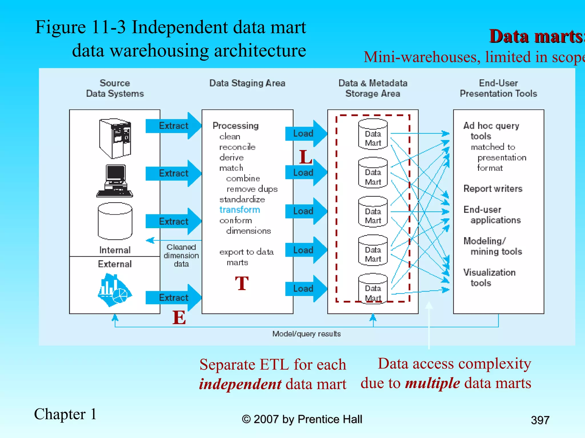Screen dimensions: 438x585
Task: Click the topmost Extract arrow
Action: coord(173,126)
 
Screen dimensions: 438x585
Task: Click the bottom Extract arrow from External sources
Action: coord(173,297)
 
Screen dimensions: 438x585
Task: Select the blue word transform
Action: coord(239,210)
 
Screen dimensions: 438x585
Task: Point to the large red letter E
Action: coord(179,317)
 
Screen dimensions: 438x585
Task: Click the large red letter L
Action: coord(305,157)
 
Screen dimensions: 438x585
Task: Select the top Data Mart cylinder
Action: coord(373,134)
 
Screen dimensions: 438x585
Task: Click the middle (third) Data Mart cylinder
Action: coord(373,212)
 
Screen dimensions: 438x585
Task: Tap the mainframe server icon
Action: coord(115,139)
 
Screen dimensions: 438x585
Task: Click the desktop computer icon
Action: coord(115,181)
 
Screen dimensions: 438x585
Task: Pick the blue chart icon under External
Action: coord(114,290)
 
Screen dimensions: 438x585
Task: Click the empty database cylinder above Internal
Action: coord(115,221)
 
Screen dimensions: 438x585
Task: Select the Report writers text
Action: coord(493,189)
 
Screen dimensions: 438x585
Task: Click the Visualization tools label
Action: coord(489,277)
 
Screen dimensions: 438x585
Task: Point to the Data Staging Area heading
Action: coord(247,83)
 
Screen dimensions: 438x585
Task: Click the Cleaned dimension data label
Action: coord(181,255)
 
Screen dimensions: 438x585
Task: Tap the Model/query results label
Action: coord(306,334)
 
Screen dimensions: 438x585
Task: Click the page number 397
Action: coord(540,420)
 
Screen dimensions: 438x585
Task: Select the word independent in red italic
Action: coord(240,384)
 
